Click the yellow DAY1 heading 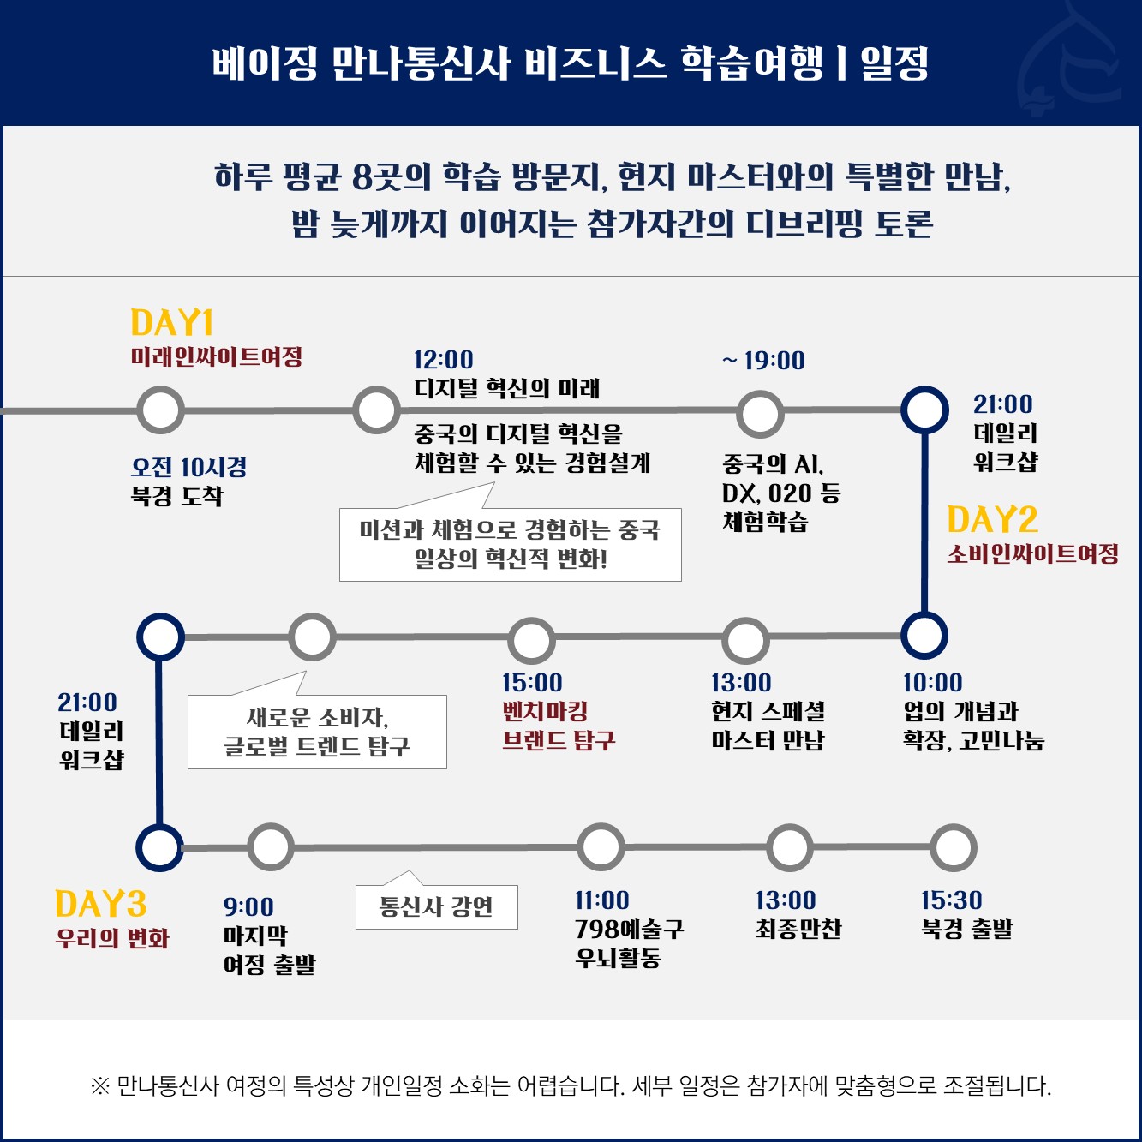coord(171,323)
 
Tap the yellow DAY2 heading coord(992,520)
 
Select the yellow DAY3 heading coord(100,905)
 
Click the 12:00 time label coord(443,360)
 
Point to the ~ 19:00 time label coord(763,361)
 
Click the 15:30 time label coord(951,900)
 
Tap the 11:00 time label coord(601,900)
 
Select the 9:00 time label coord(248,906)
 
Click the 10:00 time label coord(932,683)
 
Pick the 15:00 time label coord(532,683)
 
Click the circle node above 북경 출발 coord(953,848)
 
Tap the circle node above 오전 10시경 coord(160,410)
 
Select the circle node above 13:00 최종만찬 coord(789,848)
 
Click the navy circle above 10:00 coord(924,637)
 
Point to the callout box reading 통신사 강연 coord(436,906)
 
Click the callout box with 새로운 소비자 coord(317,732)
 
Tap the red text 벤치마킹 coord(545,711)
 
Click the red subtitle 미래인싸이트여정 coord(217,356)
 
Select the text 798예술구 coord(629,929)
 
